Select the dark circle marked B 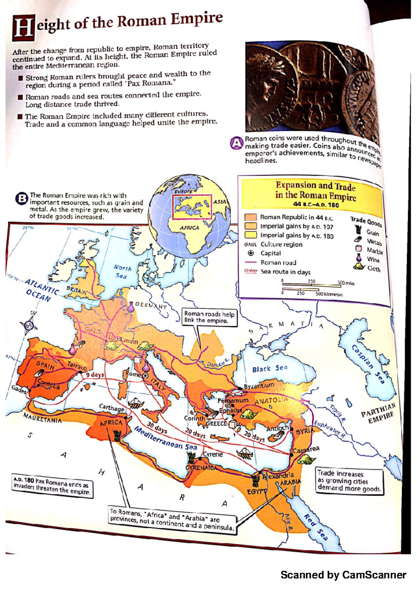tap(22, 199)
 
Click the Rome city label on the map tap(132, 374)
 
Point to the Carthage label tap(111, 408)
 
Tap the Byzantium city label tap(259, 386)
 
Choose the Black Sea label tap(270, 368)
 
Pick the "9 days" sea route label tap(95, 375)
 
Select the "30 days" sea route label tap(157, 428)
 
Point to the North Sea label tap(122, 272)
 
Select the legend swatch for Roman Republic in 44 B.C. tap(250, 217)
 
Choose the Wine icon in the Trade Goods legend tap(359, 258)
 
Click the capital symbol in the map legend tap(250, 253)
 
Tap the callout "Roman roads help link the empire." tap(210, 317)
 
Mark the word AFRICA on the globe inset tap(189, 228)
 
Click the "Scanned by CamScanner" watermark tap(343, 575)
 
